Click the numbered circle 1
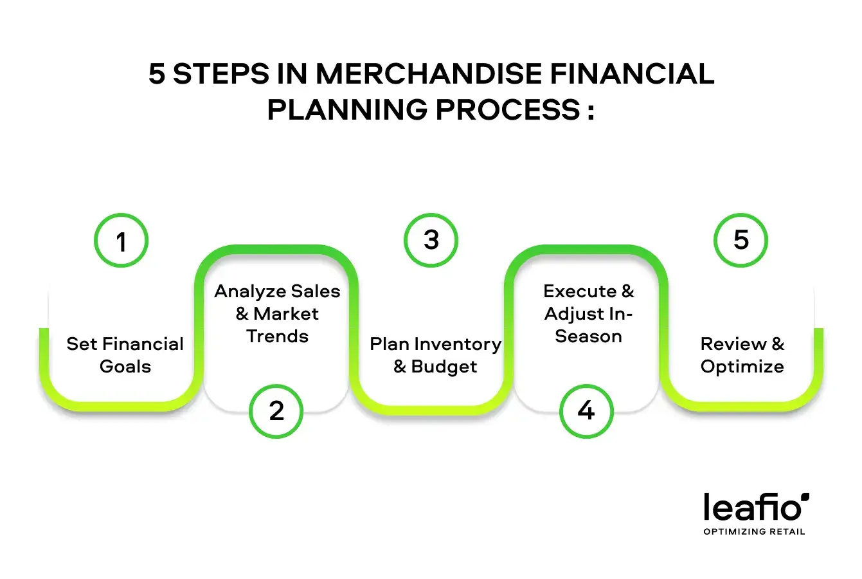121,241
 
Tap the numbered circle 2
276,411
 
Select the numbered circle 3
431,240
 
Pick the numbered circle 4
586,411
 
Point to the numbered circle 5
741,240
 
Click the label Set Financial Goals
125,355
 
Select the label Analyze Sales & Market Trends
277,314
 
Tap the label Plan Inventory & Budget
435,355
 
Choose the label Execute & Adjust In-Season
588,314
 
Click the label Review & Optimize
742,355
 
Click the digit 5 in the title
157,75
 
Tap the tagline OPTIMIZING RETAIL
754,531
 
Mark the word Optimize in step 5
742,367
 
